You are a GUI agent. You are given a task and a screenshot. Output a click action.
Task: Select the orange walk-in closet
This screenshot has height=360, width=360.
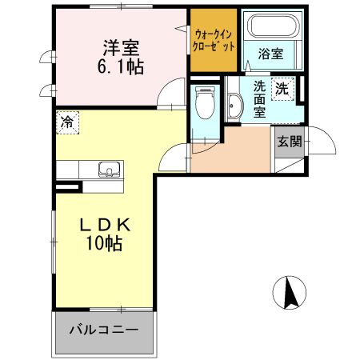[x=214, y=41]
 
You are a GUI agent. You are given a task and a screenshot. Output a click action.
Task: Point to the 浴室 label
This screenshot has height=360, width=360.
[x=270, y=54]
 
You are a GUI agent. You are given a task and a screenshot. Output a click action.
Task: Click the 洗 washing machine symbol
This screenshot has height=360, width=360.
[x=282, y=90]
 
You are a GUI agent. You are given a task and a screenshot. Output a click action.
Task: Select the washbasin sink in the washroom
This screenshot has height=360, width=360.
[x=235, y=106]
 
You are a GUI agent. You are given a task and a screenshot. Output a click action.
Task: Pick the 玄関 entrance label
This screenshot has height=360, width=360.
[x=289, y=142]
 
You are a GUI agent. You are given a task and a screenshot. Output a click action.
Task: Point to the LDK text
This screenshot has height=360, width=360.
[x=105, y=225]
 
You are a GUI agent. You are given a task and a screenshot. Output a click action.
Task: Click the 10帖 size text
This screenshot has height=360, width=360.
[x=105, y=245]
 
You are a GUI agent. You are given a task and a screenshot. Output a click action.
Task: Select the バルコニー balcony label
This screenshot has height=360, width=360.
[x=103, y=330]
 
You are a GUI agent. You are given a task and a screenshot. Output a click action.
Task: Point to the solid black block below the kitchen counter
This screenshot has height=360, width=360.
[x=68, y=189]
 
